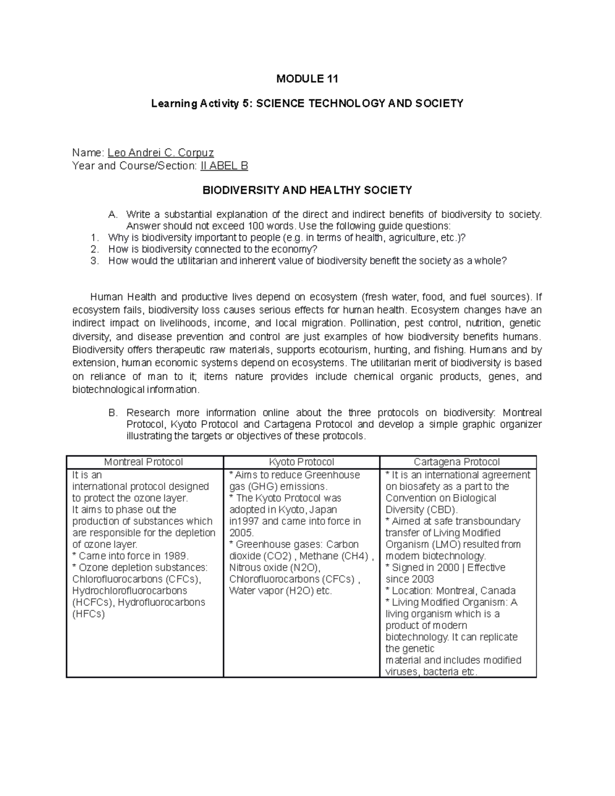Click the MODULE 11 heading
[307, 79]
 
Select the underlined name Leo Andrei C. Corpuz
[160, 153]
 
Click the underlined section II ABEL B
[223, 166]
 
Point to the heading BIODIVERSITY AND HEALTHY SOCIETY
[307, 191]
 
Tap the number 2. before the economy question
[94, 249]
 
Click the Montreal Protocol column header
[143, 462]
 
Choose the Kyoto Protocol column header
[301, 462]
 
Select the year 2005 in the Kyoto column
[241, 533]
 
